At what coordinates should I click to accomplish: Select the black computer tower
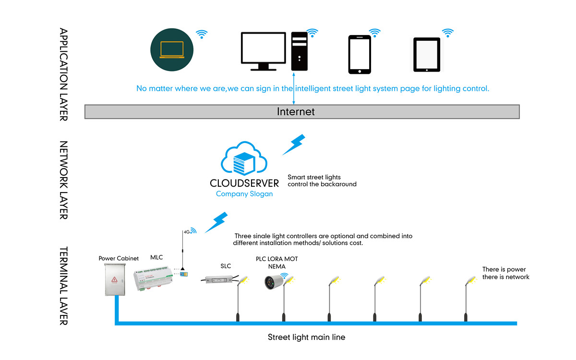point(300,51)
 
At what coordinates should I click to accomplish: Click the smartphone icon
point(360,54)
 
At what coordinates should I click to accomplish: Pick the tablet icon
point(427,54)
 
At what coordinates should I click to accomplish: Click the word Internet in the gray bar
point(296,112)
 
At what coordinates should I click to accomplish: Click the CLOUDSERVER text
point(244,183)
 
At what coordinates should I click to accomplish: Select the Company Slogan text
point(244,194)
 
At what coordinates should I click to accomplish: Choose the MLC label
point(156,258)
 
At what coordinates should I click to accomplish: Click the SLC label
point(226,266)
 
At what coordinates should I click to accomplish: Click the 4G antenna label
point(187,232)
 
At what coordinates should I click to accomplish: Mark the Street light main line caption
point(306,337)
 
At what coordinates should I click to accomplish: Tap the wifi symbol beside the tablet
point(448,33)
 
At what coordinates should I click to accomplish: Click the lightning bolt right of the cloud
point(294,144)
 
